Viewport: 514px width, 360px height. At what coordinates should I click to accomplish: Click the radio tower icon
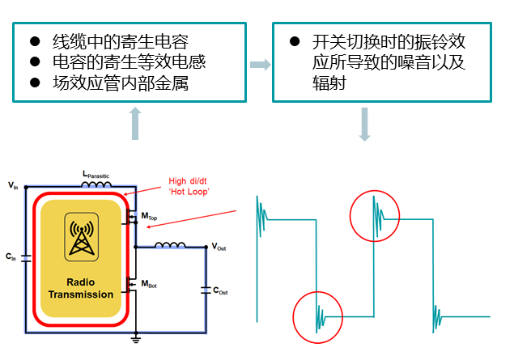coord(82,237)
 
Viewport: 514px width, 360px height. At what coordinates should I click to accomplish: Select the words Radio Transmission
coord(81,288)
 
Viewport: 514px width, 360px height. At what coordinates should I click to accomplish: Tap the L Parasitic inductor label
coord(96,175)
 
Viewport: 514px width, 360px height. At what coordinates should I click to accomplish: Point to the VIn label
coord(13,186)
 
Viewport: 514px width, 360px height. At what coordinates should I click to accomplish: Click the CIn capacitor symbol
coord(26,258)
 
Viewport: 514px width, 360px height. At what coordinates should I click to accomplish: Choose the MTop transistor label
coord(149,216)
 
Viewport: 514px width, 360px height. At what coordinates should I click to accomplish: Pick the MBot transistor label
coord(149,284)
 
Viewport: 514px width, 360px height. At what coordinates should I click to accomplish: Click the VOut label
coord(219,246)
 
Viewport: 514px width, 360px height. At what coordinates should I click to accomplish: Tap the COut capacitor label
coord(220,290)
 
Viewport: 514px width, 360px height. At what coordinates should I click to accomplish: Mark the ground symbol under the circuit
coord(136,338)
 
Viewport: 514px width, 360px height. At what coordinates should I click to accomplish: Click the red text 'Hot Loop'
coord(189,192)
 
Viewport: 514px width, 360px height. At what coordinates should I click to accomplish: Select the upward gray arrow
coord(135,124)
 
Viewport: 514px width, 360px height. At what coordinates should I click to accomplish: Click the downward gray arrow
coord(364,125)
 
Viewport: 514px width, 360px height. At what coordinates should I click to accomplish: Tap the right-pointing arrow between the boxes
coord(261,65)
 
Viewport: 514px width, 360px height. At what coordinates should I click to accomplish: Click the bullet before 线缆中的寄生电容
coord(35,41)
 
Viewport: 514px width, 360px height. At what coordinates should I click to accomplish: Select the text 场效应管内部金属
coord(121,83)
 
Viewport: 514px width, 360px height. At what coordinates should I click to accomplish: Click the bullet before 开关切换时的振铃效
coord(295,41)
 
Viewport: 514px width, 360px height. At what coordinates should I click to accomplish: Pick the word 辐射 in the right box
coord(329,83)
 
